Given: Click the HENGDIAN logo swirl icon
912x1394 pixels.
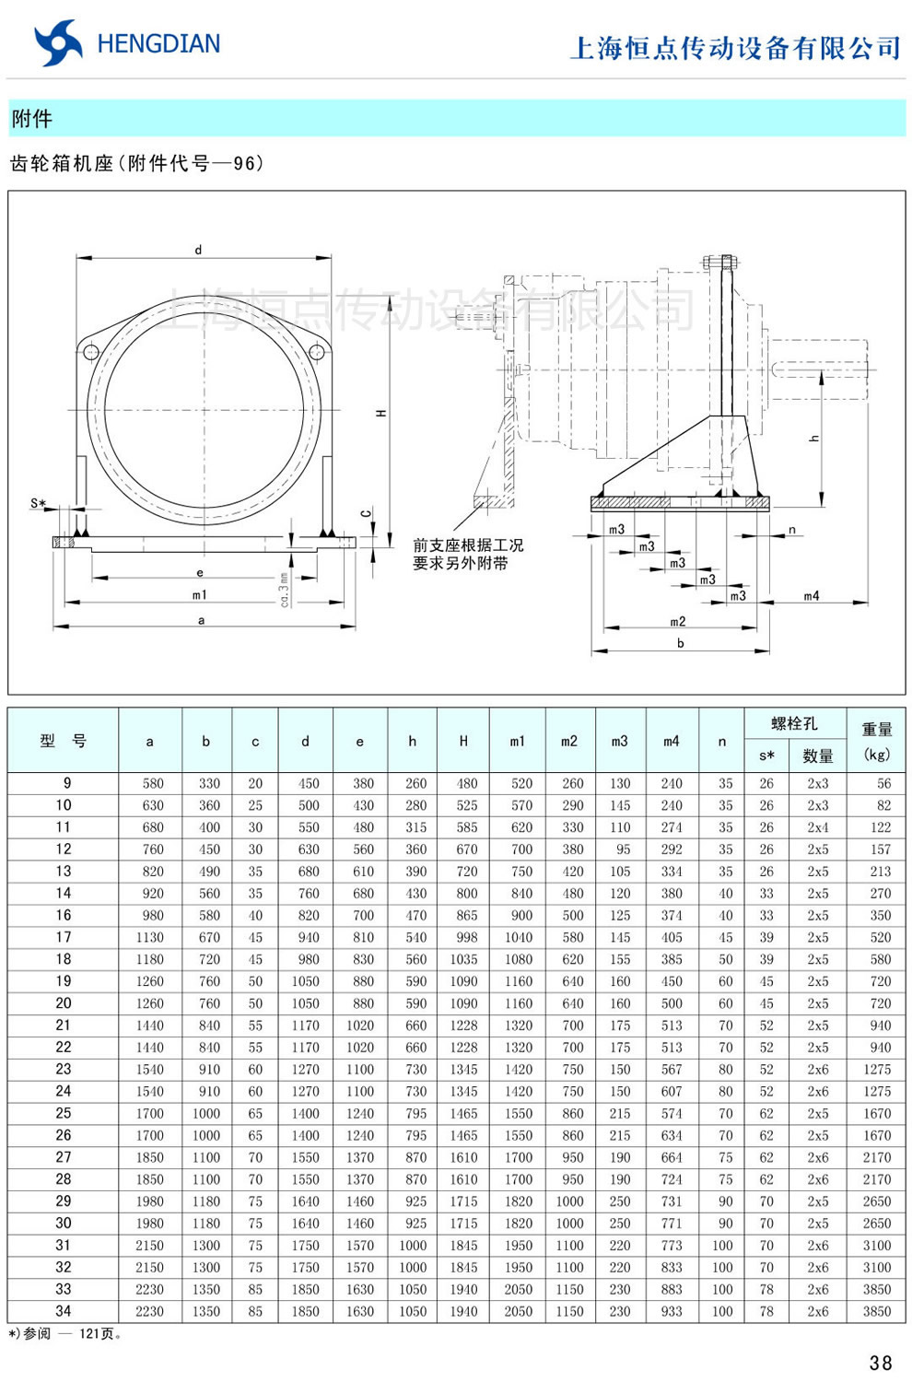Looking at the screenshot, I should pyautogui.click(x=57, y=42).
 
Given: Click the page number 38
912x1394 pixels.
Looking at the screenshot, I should pyautogui.click(x=880, y=1363).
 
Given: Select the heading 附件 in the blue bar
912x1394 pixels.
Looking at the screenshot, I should pyautogui.click(x=32, y=119).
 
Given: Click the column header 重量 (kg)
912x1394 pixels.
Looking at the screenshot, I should pyautogui.click(x=876, y=741).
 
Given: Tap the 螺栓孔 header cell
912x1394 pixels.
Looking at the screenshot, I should pyautogui.click(x=793, y=723).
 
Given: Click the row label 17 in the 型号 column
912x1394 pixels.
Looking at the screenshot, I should pyautogui.click(x=63, y=937).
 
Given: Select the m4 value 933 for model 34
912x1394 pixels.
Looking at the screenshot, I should pyautogui.click(x=671, y=1311).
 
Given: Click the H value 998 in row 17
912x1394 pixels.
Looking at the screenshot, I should pyautogui.click(x=466, y=937).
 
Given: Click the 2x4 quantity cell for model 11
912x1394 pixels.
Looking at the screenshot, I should pyautogui.click(x=817, y=827).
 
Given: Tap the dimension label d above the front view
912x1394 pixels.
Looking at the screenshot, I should pyautogui.click(x=198, y=250).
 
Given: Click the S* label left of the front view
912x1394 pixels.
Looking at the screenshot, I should pyautogui.click(x=38, y=504).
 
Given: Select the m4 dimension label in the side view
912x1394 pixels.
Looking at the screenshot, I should pyautogui.click(x=811, y=596).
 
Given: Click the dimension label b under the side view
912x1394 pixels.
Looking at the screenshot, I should pyautogui.click(x=680, y=643).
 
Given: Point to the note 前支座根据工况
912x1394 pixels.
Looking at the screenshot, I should pyautogui.click(x=467, y=545).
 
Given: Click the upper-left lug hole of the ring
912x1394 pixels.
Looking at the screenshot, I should pyautogui.click(x=91, y=352).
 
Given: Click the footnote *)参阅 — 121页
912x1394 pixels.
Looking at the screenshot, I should pyautogui.click(x=64, y=1333).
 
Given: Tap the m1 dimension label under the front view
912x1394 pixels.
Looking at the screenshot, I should pyautogui.click(x=200, y=595).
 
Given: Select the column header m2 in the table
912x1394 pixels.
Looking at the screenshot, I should pyautogui.click(x=569, y=741).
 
